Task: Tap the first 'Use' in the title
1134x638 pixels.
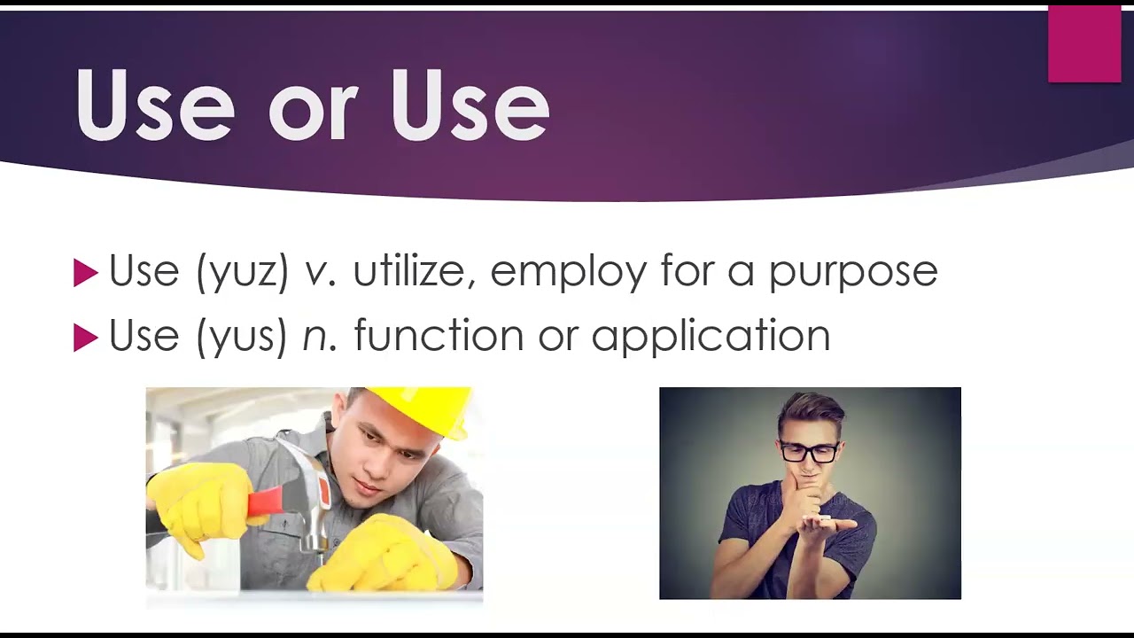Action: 155,105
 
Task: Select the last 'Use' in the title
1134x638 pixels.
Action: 470,105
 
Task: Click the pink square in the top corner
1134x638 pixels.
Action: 1084,44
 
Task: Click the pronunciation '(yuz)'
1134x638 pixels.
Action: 243,271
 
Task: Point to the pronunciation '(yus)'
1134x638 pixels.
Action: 242,336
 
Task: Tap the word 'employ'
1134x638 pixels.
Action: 568,272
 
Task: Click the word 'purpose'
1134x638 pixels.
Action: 853,275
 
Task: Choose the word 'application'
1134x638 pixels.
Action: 711,336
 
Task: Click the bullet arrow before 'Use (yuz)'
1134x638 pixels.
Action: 85,273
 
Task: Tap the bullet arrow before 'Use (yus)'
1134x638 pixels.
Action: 85,338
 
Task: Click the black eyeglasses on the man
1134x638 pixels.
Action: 809,452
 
